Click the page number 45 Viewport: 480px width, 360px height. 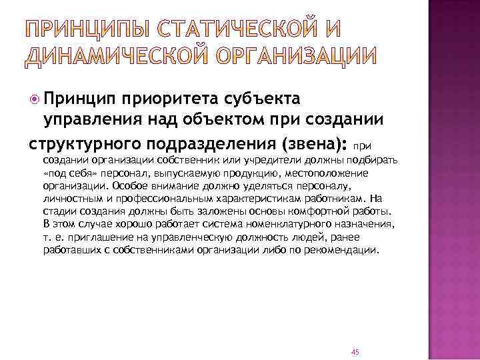point(355,334)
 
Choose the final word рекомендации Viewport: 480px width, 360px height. point(344,251)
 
